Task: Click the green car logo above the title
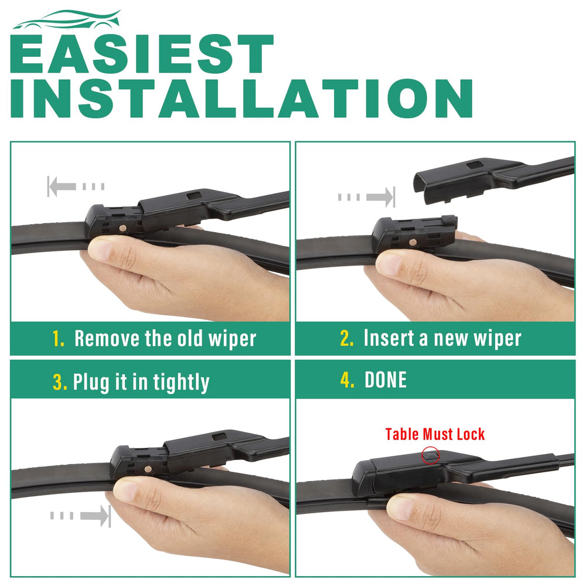pyautogui.click(x=67, y=21)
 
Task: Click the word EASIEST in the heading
pyautogui.click(x=142, y=54)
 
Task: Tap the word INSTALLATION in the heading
pyautogui.click(x=241, y=98)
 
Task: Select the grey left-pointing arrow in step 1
pyautogui.click(x=76, y=186)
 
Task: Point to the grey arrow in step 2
pyautogui.click(x=366, y=196)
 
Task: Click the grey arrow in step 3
pyautogui.click(x=81, y=516)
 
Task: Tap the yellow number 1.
pyautogui.click(x=58, y=339)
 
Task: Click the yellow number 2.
pyautogui.click(x=346, y=338)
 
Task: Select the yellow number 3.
pyautogui.click(x=60, y=381)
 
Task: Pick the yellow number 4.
pyautogui.click(x=347, y=380)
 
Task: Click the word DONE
pyautogui.click(x=386, y=380)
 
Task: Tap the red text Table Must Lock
pyautogui.click(x=435, y=434)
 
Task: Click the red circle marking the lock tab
pyautogui.click(x=431, y=455)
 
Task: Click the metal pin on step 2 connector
pyautogui.click(x=413, y=243)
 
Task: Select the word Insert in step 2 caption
pyautogui.click(x=389, y=338)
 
